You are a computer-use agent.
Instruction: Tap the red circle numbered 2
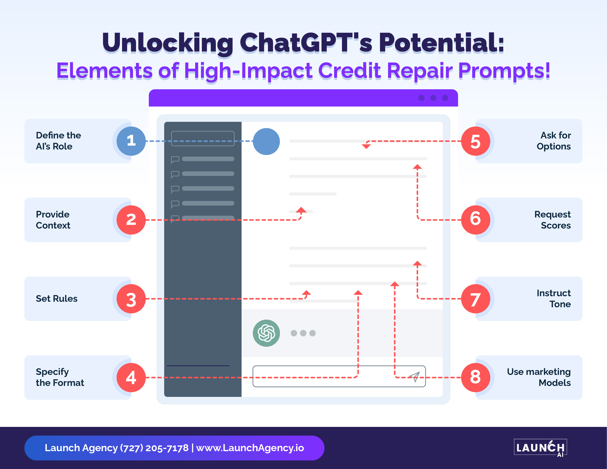pos(131,220)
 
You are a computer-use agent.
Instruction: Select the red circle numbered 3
pos(131,299)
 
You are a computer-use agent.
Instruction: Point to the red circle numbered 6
pos(476,220)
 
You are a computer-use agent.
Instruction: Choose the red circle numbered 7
pos(476,299)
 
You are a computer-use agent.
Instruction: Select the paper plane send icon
pos(414,377)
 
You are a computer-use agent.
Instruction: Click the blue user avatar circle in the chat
pos(266,141)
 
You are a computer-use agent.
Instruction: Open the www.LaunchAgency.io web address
pos(250,448)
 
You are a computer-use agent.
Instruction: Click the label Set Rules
pos(57,299)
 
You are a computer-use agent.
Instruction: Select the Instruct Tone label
pos(554,299)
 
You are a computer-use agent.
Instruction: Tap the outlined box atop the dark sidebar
pos(203,138)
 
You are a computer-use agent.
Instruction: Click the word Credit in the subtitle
pos(349,70)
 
